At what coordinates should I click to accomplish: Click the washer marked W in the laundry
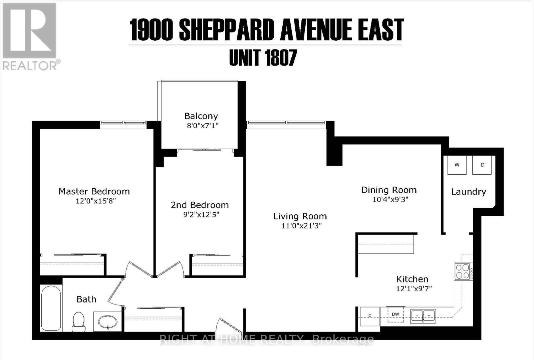pos(457,165)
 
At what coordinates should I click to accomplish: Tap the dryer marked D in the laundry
pos(482,165)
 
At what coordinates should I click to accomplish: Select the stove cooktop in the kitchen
pos(463,271)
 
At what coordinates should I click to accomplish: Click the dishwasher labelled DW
pos(395,315)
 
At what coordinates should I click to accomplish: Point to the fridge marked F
pos(369,316)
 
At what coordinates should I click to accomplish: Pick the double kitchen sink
pos(423,316)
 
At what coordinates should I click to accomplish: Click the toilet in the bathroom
pos(79,321)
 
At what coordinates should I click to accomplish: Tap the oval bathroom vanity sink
pos(108,322)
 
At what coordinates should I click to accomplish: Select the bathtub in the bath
pos(51,307)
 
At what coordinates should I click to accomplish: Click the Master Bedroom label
pos(94,191)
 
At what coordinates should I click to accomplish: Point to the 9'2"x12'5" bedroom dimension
pos(201,214)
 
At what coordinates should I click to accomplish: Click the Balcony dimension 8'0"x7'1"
pos(203,126)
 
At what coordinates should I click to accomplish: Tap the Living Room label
pos(300,216)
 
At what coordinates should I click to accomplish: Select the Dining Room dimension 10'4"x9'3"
pos(390,200)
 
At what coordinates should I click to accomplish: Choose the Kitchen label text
pos(412,279)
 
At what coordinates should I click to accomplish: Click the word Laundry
pos(468,192)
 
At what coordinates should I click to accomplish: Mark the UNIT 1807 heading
pos(263,58)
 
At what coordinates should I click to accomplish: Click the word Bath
pos(86,299)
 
